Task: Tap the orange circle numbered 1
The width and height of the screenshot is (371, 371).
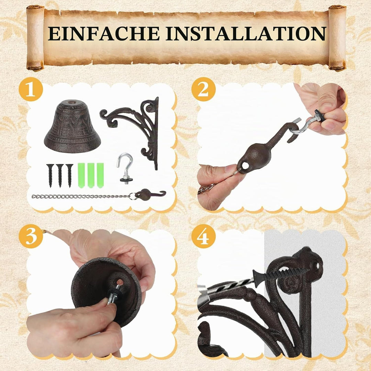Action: point(31,90)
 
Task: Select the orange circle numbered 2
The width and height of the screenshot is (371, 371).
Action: point(203,90)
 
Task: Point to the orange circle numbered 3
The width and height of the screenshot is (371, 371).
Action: point(31,236)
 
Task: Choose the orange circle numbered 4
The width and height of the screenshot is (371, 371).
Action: point(203,236)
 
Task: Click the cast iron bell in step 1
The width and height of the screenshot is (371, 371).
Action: point(72,126)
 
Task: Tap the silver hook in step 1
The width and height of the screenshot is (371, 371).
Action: point(125,167)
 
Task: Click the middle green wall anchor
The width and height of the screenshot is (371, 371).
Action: point(91,175)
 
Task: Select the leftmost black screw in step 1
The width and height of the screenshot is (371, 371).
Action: point(50,175)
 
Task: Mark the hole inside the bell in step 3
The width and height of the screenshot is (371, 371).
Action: point(120,282)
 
